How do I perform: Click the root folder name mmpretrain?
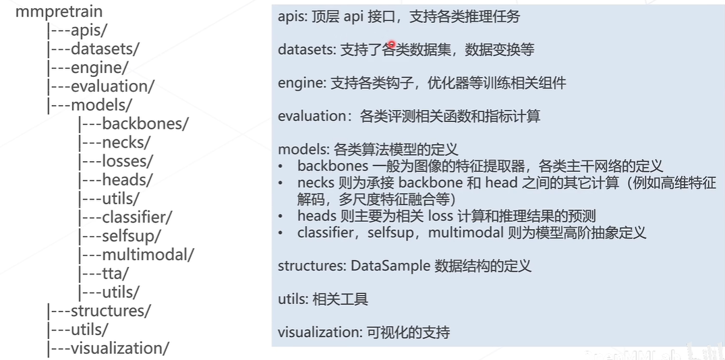(x=59, y=12)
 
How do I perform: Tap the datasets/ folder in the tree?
(x=104, y=49)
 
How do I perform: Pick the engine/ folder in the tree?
(x=98, y=67)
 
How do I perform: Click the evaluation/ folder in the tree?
(x=112, y=86)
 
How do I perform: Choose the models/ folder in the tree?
(x=100, y=105)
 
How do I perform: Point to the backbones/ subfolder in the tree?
(x=144, y=124)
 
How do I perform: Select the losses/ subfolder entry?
(x=127, y=161)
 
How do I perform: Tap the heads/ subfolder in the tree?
(x=127, y=180)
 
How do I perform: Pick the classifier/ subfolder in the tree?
(x=137, y=218)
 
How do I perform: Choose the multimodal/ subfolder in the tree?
(x=148, y=255)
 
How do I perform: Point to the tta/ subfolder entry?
(x=115, y=273)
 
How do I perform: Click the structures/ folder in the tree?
(x=110, y=311)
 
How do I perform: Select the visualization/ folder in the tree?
(x=119, y=348)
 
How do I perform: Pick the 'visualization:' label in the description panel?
(x=319, y=332)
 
